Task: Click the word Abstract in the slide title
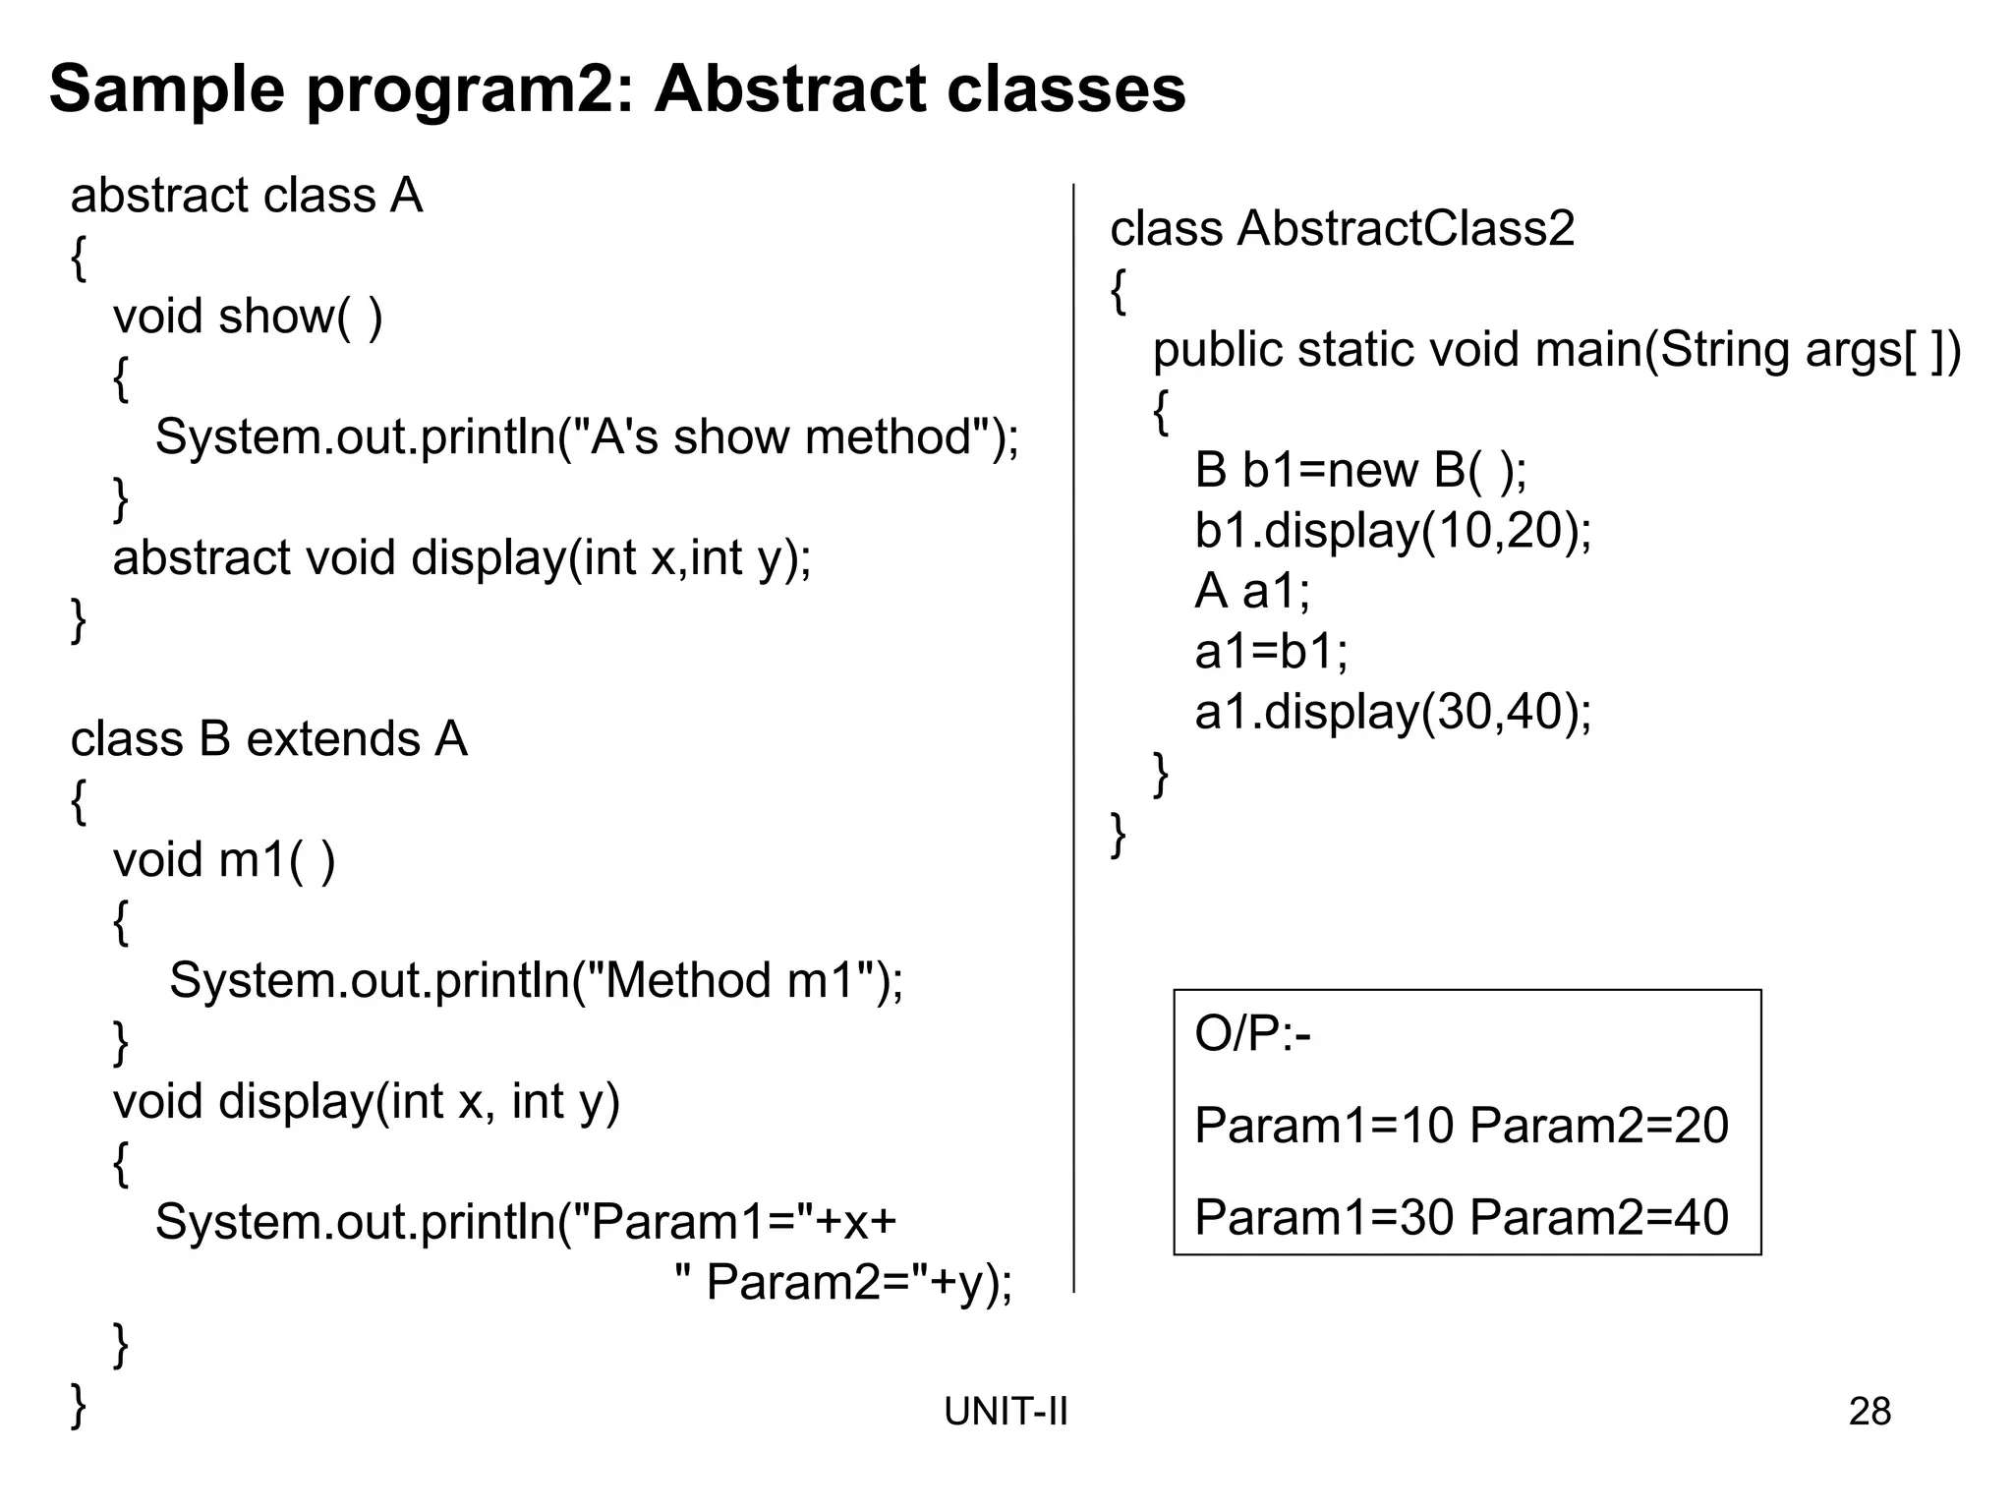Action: [791, 89]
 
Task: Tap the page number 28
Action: [1869, 1412]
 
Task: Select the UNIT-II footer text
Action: [1006, 1412]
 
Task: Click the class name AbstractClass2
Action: [1406, 229]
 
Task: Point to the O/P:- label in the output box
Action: [1252, 1034]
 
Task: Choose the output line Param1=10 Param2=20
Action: [1461, 1126]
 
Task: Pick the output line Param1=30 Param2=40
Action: [1461, 1217]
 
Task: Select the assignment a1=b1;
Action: [1271, 651]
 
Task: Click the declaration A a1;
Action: [1252, 591]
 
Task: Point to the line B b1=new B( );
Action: [1360, 470]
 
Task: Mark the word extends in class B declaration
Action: [333, 739]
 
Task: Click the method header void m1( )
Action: [224, 860]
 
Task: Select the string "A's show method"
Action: [781, 437]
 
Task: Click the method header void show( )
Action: [248, 317]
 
